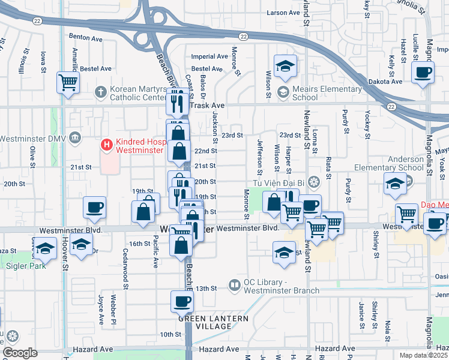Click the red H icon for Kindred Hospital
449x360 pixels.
(x=107, y=145)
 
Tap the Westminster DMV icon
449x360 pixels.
(x=74, y=139)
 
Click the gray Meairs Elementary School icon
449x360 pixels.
(x=283, y=92)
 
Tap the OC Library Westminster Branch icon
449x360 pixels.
(x=235, y=284)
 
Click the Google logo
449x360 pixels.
(x=19, y=352)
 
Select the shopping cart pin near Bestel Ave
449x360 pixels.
(x=68, y=82)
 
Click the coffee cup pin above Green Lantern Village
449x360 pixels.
(x=182, y=302)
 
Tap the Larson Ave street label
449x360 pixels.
(x=283, y=12)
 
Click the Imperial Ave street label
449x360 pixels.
(x=209, y=56)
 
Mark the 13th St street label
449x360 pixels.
(x=208, y=289)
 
